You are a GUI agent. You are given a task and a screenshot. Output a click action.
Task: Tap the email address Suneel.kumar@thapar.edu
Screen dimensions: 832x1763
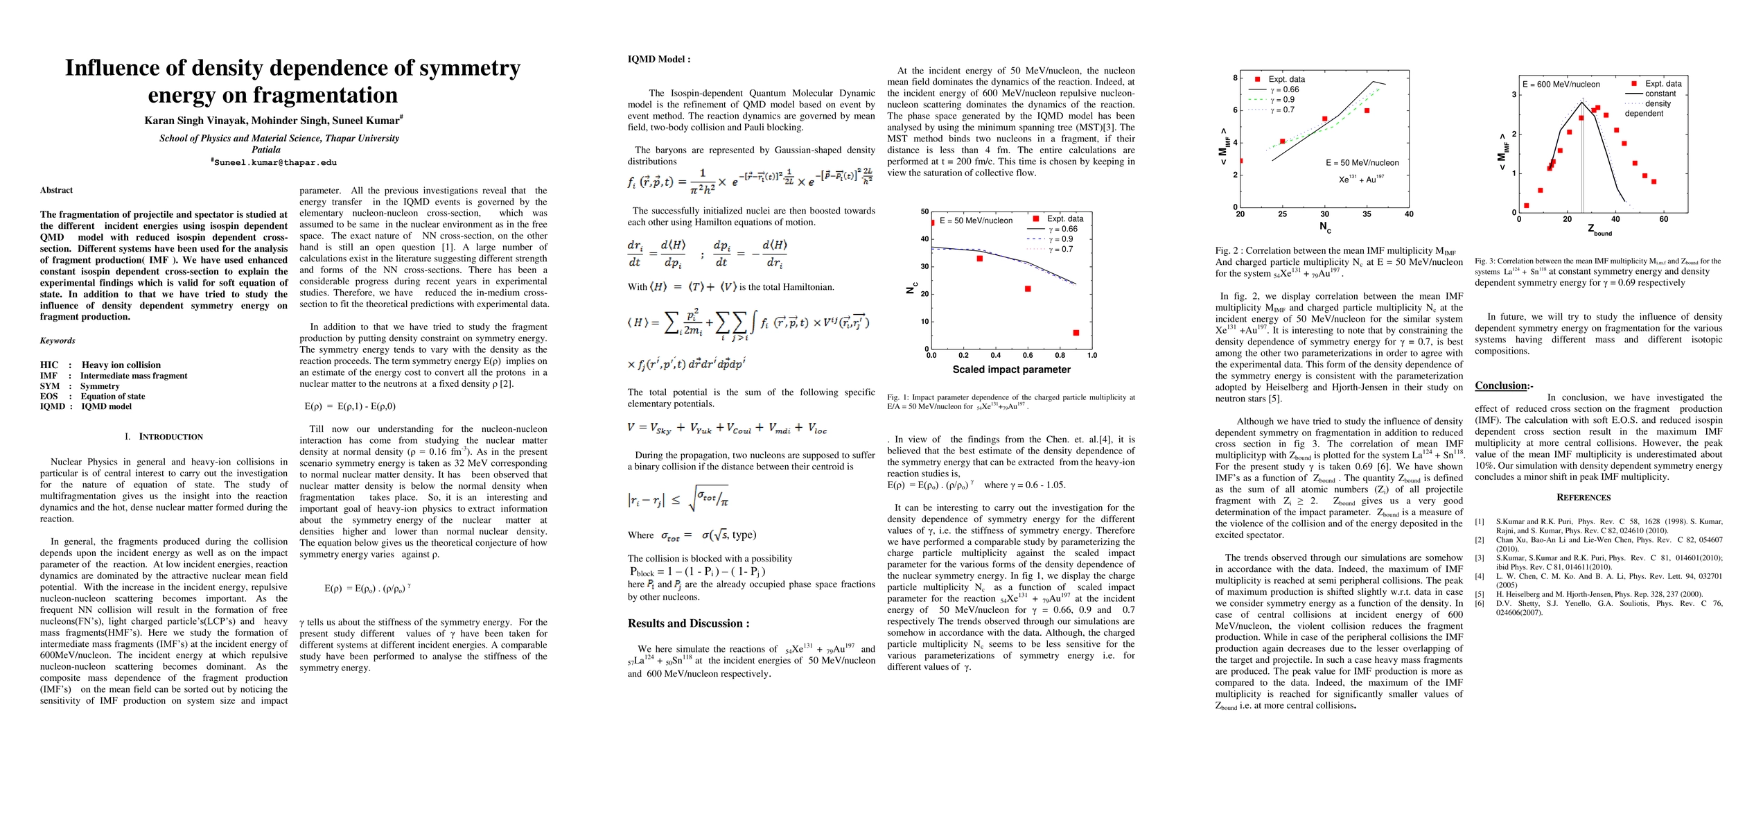(275, 162)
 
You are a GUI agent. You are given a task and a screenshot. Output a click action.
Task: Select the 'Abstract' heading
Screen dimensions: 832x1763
(56, 190)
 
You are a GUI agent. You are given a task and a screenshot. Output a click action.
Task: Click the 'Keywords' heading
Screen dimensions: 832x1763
(58, 340)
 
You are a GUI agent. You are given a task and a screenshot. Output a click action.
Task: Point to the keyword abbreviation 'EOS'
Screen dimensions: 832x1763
(49, 397)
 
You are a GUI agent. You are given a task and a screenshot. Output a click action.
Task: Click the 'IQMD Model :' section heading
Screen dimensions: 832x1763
(659, 60)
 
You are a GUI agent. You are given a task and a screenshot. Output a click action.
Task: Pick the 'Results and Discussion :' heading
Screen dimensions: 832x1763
(688, 623)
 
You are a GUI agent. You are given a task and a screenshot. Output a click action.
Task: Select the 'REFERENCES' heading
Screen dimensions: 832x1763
(1584, 497)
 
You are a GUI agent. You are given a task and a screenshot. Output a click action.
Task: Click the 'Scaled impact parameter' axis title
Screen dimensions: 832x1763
(1011, 370)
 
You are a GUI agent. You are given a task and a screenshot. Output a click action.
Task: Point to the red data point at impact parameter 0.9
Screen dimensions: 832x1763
(1076, 333)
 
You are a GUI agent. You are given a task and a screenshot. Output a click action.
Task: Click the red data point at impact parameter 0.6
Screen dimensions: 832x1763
(1028, 288)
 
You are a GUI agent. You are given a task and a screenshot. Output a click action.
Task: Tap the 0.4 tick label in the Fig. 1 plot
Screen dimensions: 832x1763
(996, 356)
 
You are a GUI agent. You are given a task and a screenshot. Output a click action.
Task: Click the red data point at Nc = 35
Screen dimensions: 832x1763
(1367, 110)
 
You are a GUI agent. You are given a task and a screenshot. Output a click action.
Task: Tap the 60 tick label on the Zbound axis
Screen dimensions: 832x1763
(1663, 219)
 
